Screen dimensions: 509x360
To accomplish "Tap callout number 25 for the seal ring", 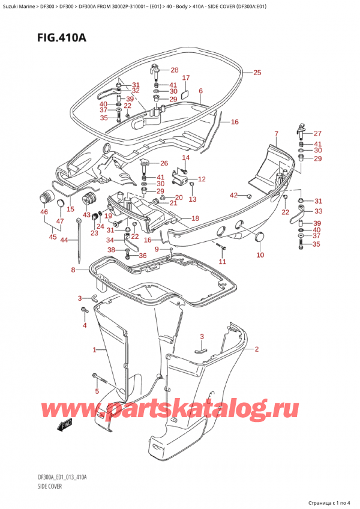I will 257,73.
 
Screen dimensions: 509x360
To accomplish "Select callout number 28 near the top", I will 174,70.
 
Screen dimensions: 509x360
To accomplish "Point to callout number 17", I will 186,78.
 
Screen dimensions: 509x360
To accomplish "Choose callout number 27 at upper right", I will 318,133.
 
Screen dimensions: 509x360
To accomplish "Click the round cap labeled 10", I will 260,239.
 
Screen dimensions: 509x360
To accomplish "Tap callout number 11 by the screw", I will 223,262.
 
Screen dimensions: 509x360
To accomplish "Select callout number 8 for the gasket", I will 73,270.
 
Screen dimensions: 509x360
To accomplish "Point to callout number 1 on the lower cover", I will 94,349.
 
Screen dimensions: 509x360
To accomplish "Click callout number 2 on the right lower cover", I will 256,349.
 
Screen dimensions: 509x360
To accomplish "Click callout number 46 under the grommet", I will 44,212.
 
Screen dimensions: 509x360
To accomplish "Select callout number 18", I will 194,218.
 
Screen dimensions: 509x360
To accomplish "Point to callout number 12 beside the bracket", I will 202,179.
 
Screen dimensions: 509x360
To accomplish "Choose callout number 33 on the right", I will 318,211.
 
